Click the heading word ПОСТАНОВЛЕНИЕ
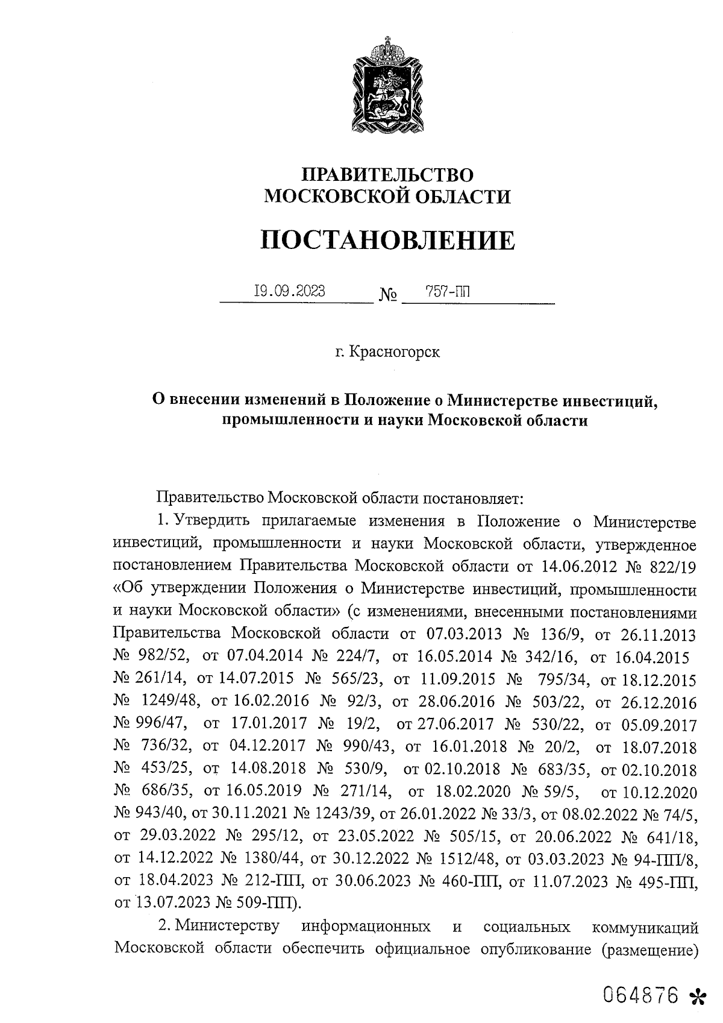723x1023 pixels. click(x=388, y=241)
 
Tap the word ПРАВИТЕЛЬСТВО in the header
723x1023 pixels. click(x=388, y=175)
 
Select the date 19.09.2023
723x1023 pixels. click(x=289, y=292)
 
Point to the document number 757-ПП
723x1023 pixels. click(x=448, y=292)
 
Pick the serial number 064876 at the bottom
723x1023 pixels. click(x=642, y=995)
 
